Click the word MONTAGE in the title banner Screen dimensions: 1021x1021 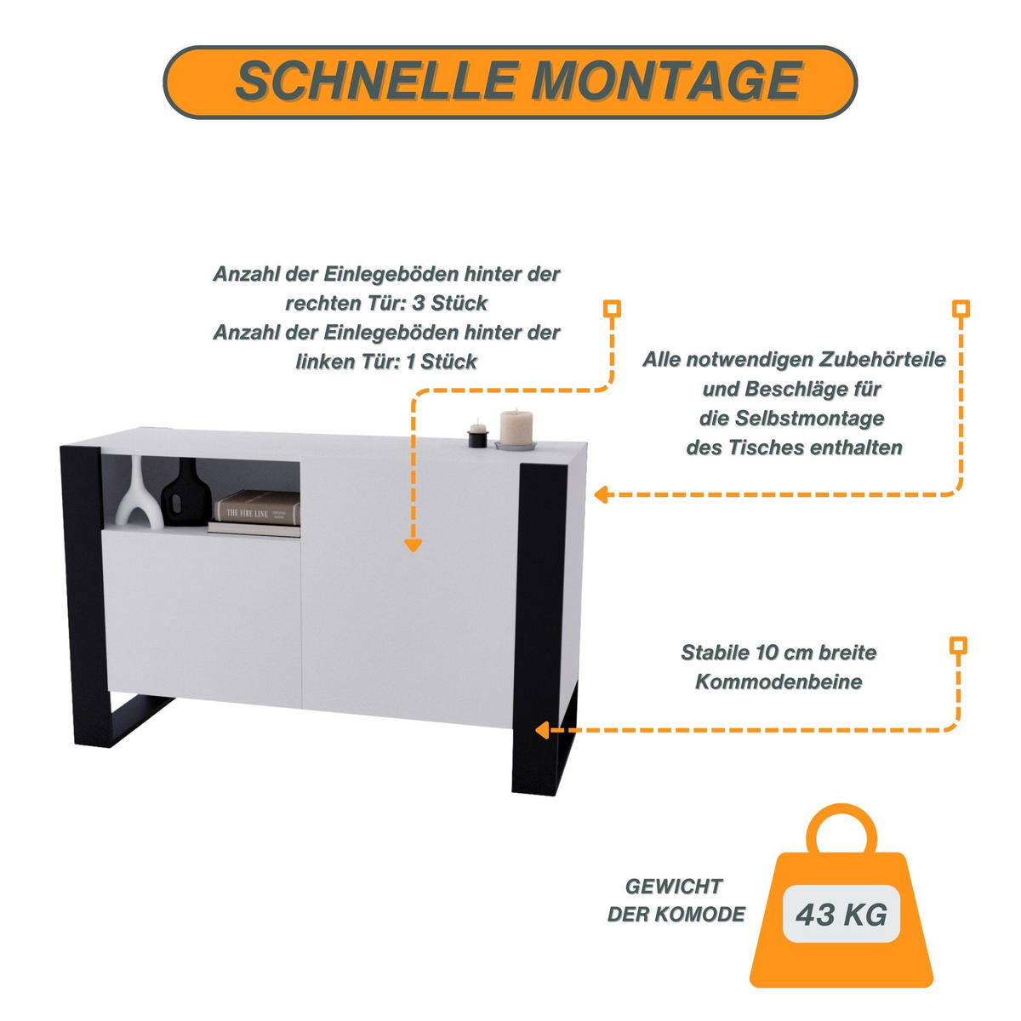pos(667,81)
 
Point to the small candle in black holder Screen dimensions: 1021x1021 pos(477,435)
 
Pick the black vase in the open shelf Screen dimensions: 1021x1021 pos(186,493)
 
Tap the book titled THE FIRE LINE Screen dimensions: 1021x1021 pos(258,507)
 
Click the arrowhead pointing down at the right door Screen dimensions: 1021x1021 pos(413,545)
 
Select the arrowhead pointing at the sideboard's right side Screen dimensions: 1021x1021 pos(601,495)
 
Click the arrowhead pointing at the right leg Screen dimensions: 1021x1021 pos(541,731)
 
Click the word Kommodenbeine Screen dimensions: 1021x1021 pos(779,682)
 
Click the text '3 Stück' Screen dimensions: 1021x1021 pos(450,304)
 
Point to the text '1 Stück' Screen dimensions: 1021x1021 pos(441,362)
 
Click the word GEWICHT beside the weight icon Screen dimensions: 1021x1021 pos(674,887)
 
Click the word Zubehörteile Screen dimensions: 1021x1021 pos(882,360)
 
